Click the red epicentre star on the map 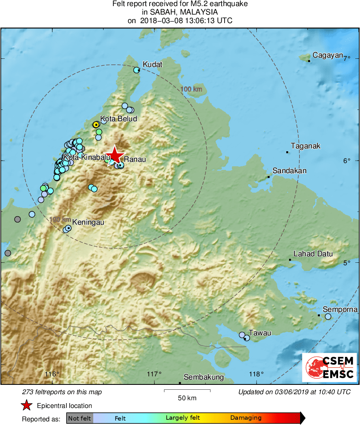coord(115,155)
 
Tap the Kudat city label coord(152,64)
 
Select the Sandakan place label coord(289,171)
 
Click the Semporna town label coord(340,309)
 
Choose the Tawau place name coord(259,333)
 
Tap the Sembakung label coord(204,377)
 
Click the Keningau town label coord(88,222)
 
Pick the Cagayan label coord(328,56)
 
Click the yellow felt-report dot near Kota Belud coord(96,124)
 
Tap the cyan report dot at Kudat coord(137,70)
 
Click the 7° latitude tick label coord(347,59)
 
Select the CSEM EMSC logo coord(329,367)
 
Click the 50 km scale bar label coord(187,398)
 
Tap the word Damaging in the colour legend coord(246,418)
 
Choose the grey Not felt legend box coord(79,418)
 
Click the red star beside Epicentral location coord(26,405)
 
